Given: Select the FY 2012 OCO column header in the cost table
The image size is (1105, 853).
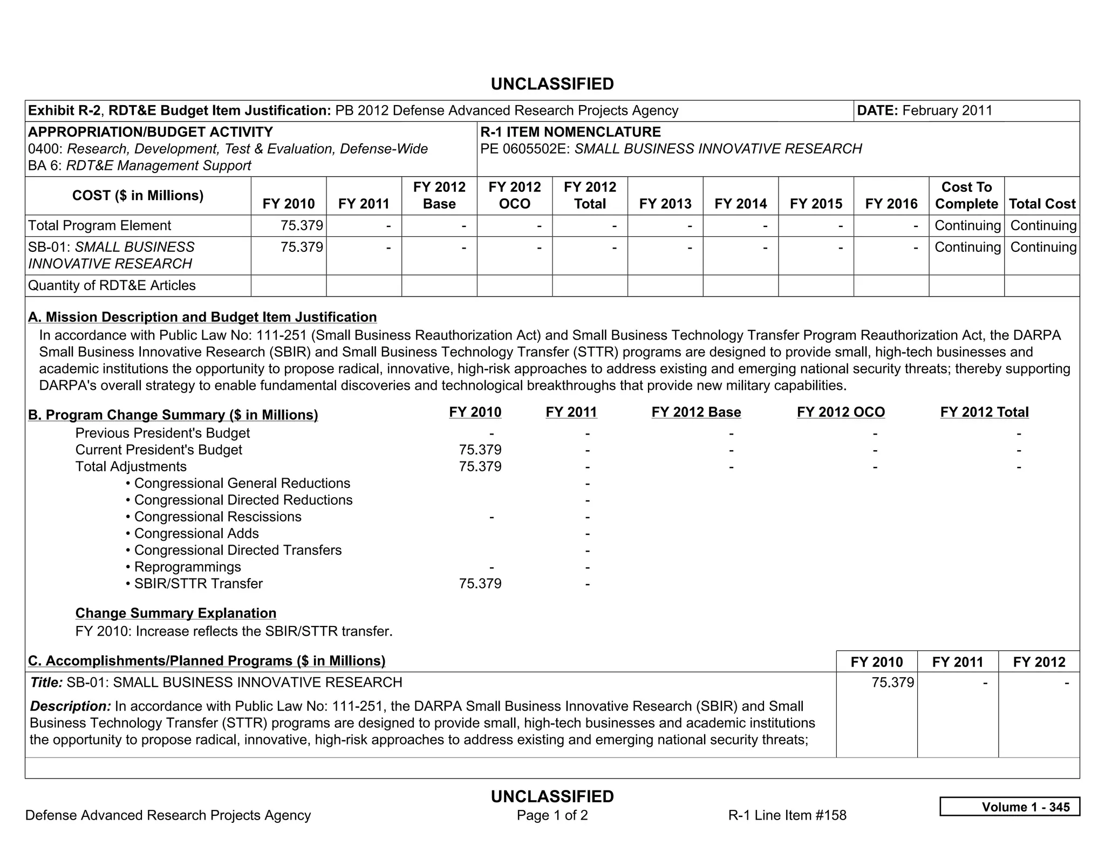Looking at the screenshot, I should pyautogui.click(x=514, y=195).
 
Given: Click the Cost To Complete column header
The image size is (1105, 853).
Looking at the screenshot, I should pyautogui.click(x=966, y=195).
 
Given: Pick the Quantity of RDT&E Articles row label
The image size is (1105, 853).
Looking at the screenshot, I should pyautogui.click(x=112, y=285).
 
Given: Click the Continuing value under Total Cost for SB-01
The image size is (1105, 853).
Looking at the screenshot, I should pyautogui.click(x=1043, y=247).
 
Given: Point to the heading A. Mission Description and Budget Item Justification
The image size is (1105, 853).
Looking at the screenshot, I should pyautogui.click(x=202, y=317).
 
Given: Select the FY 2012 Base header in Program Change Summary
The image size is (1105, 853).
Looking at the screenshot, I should pyautogui.click(x=696, y=412).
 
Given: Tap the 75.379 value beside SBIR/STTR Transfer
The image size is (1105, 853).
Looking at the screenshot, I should pyautogui.click(x=480, y=583).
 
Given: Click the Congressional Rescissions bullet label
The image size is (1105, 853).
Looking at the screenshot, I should pyautogui.click(x=217, y=517).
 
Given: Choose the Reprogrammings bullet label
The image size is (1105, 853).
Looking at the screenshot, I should pyautogui.click(x=187, y=567).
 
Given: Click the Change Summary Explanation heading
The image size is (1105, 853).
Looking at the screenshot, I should pyautogui.click(x=176, y=613).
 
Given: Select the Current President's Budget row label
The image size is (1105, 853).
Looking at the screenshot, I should pyautogui.click(x=159, y=450).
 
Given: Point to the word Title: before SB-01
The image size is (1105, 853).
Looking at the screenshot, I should pyautogui.click(x=46, y=683).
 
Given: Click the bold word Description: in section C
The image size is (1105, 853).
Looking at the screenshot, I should pyautogui.click(x=70, y=706).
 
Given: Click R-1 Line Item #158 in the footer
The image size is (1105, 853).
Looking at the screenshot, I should pyautogui.click(x=787, y=815).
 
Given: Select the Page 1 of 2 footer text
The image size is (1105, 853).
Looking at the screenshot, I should pyautogui.click(x=552, y=815).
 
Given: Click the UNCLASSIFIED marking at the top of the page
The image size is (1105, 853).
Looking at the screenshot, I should pyautogui.click(x=552, y=84).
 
